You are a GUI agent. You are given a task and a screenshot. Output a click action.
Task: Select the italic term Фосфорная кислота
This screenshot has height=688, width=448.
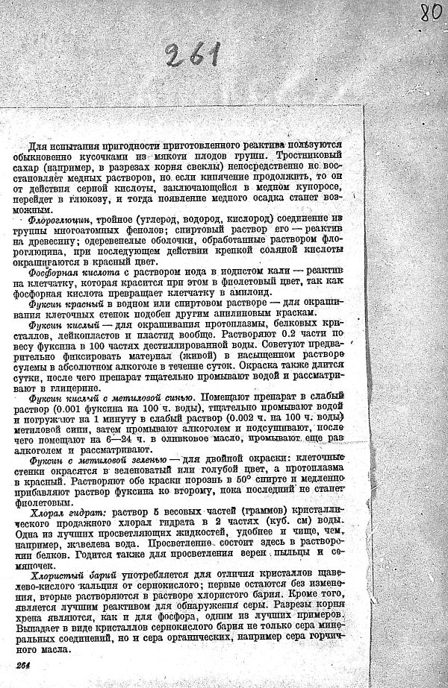(69, 274)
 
